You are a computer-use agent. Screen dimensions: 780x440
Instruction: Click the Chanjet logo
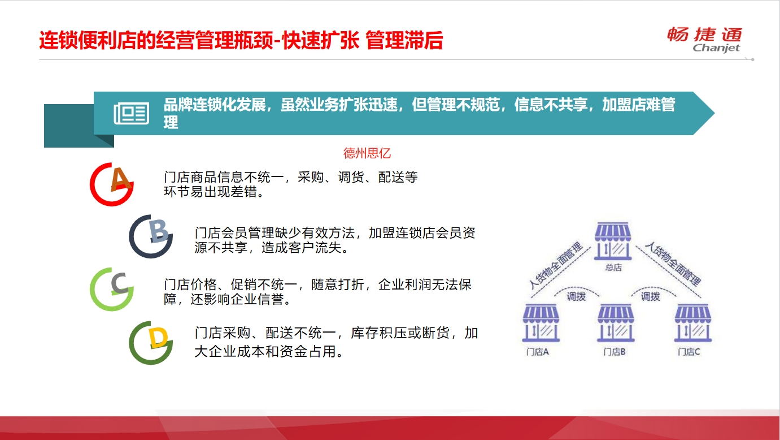(x=704, y=40)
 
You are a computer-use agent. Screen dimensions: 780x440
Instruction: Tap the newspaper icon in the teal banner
(x=131, y=113)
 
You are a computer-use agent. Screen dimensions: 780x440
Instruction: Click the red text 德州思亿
(x=367, y=153)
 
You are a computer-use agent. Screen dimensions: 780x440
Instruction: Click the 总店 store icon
(x=612, y=241)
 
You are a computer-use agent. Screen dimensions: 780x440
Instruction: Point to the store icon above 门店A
(x=541, y=323)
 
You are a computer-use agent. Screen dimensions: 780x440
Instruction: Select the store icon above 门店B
(x=616, y=323)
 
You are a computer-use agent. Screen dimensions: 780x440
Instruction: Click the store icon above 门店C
(x=693, y=323)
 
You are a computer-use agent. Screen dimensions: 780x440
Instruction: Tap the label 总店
(x=613, y=268)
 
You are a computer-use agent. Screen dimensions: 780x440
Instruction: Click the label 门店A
(x=537, y=352)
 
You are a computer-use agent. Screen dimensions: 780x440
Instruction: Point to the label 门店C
(x=689, y=352)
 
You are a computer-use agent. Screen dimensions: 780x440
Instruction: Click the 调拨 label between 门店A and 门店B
(x=576, y=297)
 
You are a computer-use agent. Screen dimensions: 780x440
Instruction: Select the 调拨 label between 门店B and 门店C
(x=651, y=297)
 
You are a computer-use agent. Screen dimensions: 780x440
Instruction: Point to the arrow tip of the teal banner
(x=714, y=113)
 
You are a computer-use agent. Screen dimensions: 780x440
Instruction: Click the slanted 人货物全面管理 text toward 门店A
(x=556, y=266)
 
